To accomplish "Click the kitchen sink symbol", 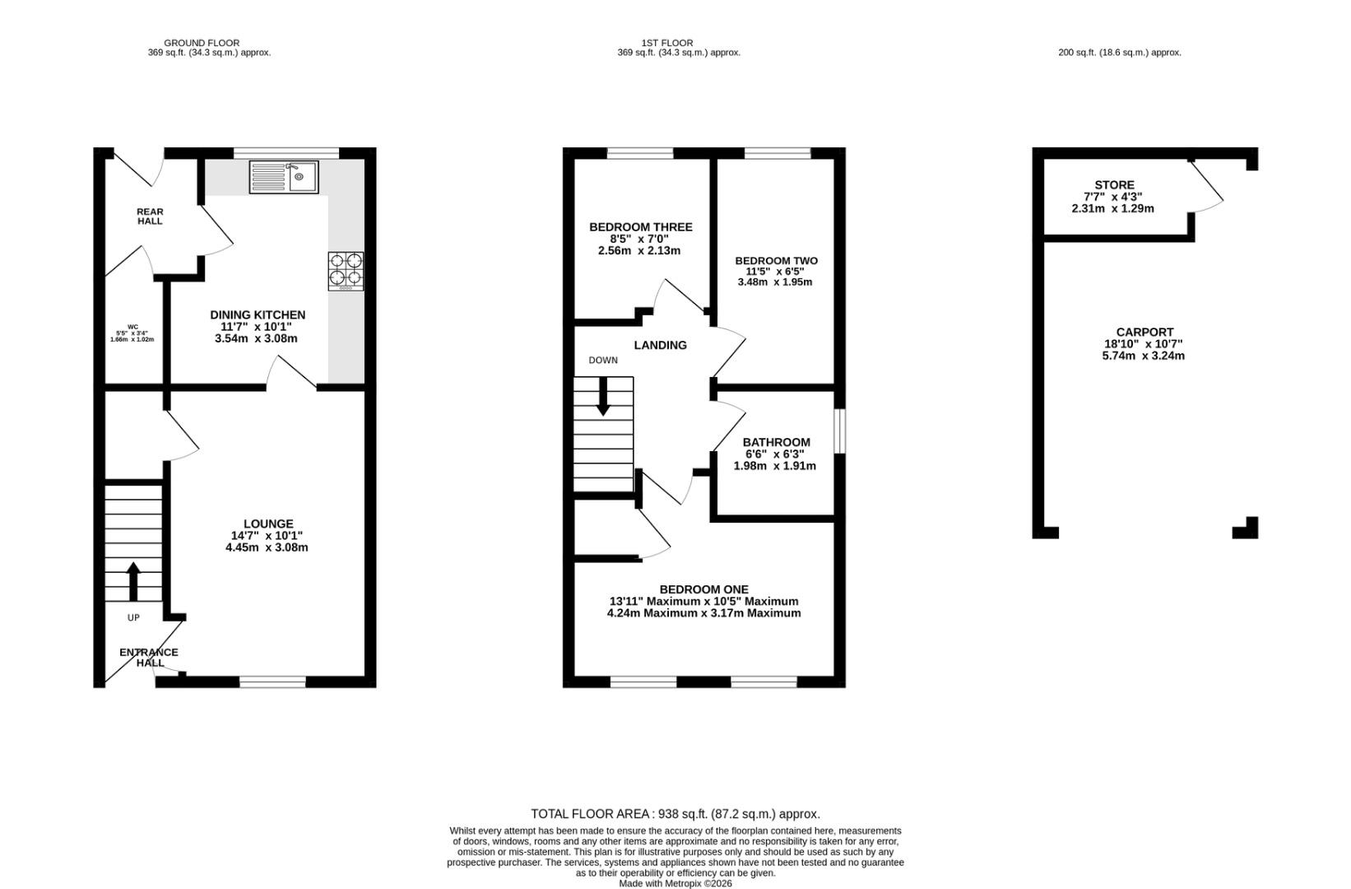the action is (x=284, y=177).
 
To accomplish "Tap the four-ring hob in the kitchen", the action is (x=346, y=271).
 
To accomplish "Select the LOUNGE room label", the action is (x=268, y=524).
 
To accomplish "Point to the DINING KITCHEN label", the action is (x=258, y=315).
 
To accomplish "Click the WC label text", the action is (x=132, y=327).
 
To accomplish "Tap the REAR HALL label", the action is (x=150, y=216).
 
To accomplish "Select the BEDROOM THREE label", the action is (x=640, y=227).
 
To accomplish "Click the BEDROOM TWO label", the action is (x=776, y=261).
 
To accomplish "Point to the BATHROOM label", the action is (x=776, y=442).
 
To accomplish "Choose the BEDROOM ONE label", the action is (x=703, y=589).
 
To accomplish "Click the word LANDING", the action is (x=661, y=345).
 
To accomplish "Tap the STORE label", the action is (x=1115, y=185).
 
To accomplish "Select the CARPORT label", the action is (x=1144, y=332).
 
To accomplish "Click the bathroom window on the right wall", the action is (x=839, y=431).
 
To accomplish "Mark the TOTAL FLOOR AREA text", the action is (x=675, y=814).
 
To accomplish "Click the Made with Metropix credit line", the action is (x=675, y=883).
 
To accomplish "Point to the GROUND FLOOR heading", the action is (x=202, y=43).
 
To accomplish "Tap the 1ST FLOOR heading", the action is (x=667, y=43).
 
